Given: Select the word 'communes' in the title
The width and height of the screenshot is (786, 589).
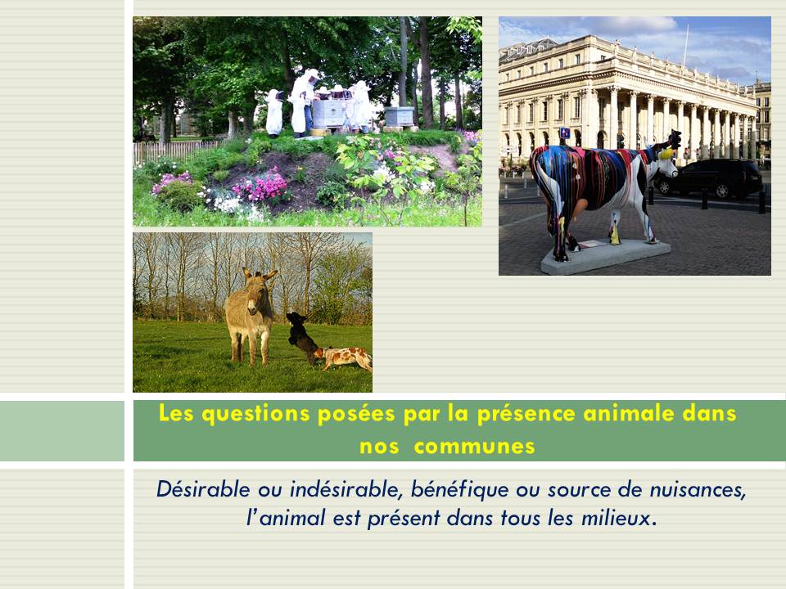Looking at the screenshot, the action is [x=474, y=447].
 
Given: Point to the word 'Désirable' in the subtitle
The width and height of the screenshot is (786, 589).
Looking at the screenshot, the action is [x=203, y=489].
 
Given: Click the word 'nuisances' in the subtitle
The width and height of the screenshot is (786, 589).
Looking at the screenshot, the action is [x=698, y=490].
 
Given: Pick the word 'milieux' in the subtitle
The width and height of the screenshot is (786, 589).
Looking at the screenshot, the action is [x=619, y=517].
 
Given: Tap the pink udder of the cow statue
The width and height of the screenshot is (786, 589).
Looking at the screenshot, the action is [x=580, y=206].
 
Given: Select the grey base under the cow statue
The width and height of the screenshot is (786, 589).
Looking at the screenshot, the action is [x=605, y=256].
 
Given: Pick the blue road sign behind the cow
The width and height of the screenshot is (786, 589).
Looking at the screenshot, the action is [x=565, y=133].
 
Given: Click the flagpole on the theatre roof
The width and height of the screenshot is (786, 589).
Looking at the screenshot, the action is [x=686, y=46].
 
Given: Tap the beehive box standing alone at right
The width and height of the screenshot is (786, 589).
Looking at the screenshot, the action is [x=399, y=116].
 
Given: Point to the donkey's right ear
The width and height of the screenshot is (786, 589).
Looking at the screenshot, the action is [x=270, y=275].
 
